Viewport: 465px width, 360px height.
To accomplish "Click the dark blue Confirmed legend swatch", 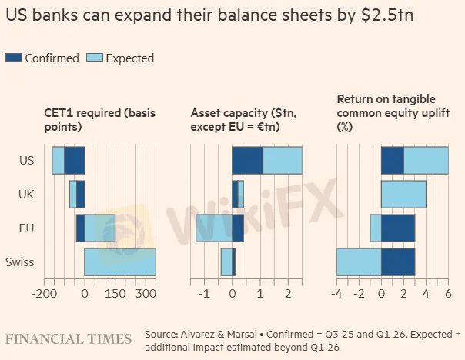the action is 14,58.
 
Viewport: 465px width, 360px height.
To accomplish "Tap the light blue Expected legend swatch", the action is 95,58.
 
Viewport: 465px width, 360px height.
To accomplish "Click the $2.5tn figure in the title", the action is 387,15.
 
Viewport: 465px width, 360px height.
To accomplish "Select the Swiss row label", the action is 19,262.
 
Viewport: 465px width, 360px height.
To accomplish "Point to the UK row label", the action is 26,195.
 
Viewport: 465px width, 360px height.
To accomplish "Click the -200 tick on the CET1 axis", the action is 44,294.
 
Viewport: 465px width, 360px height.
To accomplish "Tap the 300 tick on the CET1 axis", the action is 146,294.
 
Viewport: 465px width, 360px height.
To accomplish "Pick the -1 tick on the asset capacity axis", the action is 204,294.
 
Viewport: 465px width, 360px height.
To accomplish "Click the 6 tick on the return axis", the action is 448,294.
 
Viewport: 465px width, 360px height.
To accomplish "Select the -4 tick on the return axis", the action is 336,294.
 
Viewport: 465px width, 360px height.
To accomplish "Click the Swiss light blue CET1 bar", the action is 120,262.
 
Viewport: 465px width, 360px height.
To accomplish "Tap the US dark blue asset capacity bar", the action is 247,160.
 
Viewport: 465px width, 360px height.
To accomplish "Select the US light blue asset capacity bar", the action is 283,160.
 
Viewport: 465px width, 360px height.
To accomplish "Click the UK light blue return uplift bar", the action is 403,195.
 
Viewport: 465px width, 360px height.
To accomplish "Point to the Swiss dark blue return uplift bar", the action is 398,262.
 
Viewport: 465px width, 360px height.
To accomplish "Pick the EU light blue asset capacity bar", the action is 214,228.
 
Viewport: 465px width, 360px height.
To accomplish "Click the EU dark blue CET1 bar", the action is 80,228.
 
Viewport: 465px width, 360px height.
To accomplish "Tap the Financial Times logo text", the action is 69,339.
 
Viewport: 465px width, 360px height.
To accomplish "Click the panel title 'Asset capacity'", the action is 229,113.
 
